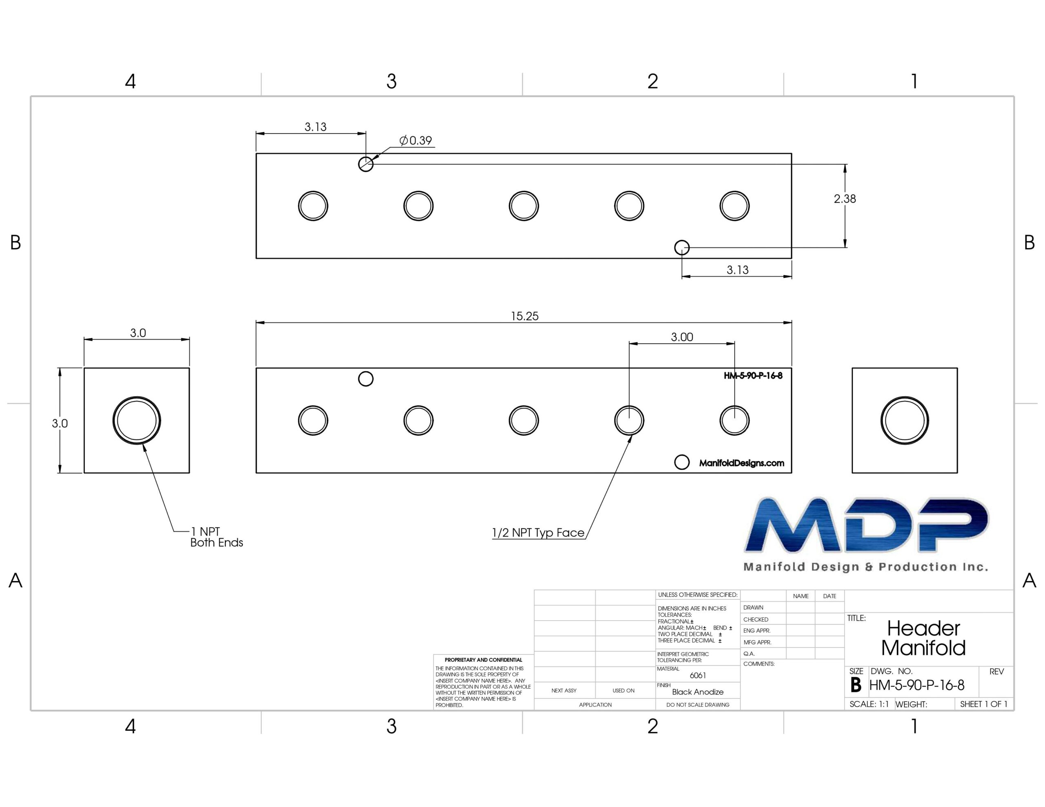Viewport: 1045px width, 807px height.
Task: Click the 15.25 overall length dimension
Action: (525, 316)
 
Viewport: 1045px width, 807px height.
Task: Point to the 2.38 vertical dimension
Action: (845, 199)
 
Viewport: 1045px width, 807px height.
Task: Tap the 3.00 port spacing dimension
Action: (682, 337)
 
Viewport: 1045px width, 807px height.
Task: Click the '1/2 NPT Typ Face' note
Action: (538, 533)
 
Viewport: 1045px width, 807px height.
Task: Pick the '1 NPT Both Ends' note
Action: (217, 537)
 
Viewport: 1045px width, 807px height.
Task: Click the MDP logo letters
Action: (866, 525)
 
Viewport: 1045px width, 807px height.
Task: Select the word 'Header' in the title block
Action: (923, 628)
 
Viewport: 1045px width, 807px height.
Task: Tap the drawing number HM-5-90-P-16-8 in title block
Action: (917, 685)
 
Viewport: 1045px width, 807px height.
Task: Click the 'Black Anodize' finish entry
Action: (698, 692)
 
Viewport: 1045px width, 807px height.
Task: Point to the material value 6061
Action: (698, 676)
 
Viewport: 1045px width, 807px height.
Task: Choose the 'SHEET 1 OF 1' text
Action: (984, 704)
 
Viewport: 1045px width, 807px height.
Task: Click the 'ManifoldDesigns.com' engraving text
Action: (742, 463)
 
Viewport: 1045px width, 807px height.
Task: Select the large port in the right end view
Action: (904, 421)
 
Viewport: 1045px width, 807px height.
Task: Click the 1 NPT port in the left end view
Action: (137, 421)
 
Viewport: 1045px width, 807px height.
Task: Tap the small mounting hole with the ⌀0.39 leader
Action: (366, 164)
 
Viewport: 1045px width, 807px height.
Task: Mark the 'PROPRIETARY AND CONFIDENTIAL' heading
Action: (483, 660)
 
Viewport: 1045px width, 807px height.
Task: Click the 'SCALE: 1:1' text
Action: (869, 704)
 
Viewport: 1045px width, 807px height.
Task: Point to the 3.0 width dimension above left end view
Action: (138, 333)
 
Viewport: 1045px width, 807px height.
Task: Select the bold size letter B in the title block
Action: (856, 685)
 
